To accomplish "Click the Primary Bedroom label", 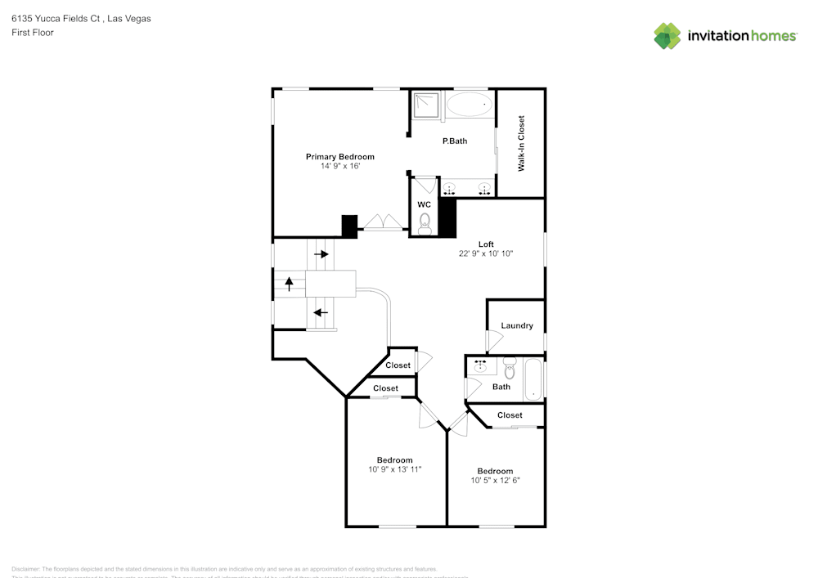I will [339, 156].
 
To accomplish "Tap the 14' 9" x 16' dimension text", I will [340, 166].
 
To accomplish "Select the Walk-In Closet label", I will [521, 143].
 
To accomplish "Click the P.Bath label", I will [454, 141].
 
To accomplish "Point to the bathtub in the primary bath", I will [470, 104].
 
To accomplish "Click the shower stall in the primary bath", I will [425, 104].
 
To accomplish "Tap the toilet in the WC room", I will [425, 223].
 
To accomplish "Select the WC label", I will [424, 204].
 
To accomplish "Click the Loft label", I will [486, 244].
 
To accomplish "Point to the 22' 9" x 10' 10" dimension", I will [486, 253].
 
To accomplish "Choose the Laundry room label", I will [517, 325].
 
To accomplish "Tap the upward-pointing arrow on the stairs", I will [289, 284].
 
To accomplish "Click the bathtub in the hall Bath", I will [533, 379].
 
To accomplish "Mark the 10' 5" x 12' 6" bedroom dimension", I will [495, 481].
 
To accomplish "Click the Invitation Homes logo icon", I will [667, 36].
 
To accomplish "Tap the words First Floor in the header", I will [33, 33].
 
